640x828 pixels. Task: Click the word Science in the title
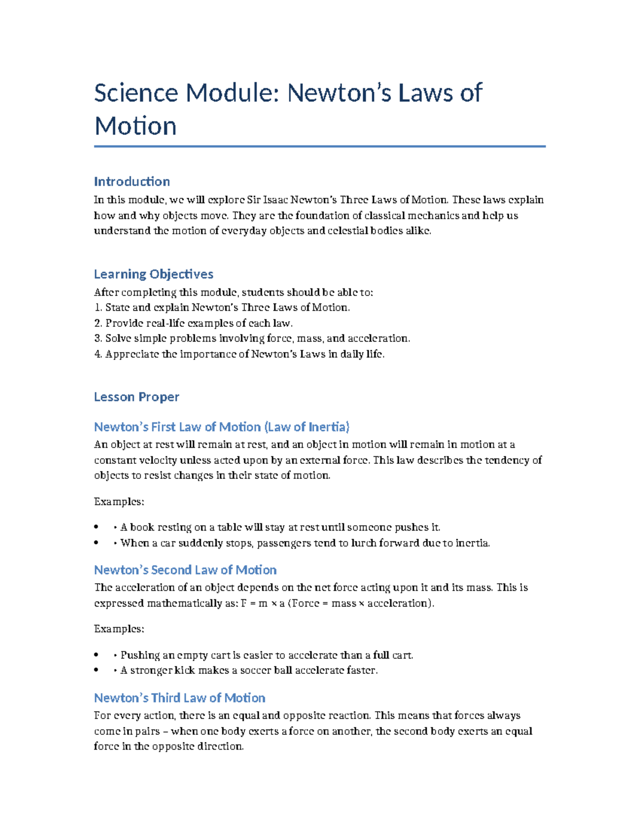(136, 93)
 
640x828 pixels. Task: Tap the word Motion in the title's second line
(135, 126)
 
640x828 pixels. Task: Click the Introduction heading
(132, 181)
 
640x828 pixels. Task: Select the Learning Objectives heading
(154, 274)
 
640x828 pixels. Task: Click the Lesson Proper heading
(137, 397)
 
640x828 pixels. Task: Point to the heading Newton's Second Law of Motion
(185, 570)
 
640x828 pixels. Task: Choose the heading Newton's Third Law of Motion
(179, 698)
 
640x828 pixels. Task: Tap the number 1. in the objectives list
(98, 308)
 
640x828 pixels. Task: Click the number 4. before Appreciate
(98, 354)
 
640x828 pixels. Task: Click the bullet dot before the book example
(96, 527)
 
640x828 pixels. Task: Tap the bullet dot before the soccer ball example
(96, 671)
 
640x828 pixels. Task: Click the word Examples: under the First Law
(119, 502)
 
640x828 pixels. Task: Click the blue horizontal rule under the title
(319, 146)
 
